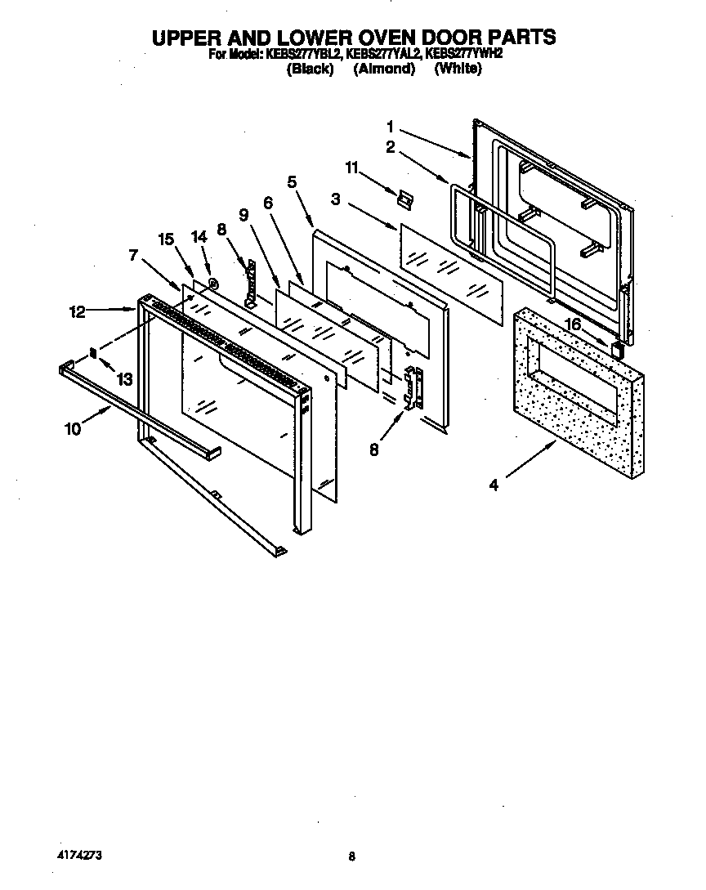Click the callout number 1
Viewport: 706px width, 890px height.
[x=391, y=127]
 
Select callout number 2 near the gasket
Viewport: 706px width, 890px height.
[x=391, y=148]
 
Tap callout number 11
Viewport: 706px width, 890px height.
[x=351, y=168]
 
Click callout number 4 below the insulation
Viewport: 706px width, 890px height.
[x=494, y=485]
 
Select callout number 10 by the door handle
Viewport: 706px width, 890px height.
[x=73, y=428]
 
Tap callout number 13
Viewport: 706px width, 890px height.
[x=124, y=379]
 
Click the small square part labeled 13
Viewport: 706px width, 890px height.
[x=93, y=353]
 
